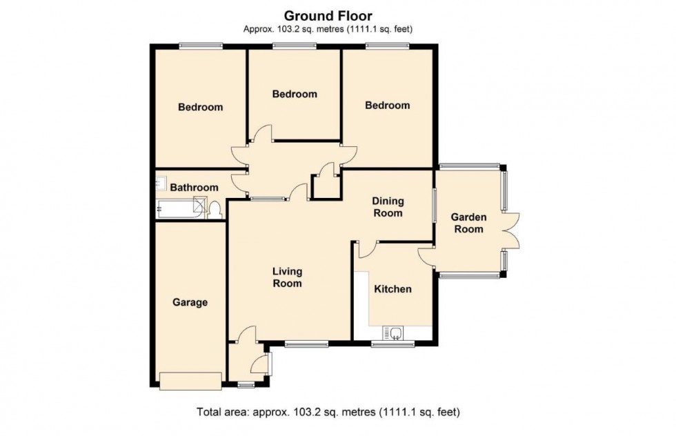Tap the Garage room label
pos(190,302)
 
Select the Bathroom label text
pos(195,188)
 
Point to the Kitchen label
pos(392,289)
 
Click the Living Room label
pos(287,277)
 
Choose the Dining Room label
pos(387,207)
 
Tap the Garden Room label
pos(468,223)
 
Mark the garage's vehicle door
pos(190,380)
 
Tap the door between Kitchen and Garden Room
pos(426,257)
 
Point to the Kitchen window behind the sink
pos(392,344)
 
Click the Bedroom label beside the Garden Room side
pos(387,106)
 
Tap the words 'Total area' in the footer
pos(219,413)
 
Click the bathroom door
pos(239,181)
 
